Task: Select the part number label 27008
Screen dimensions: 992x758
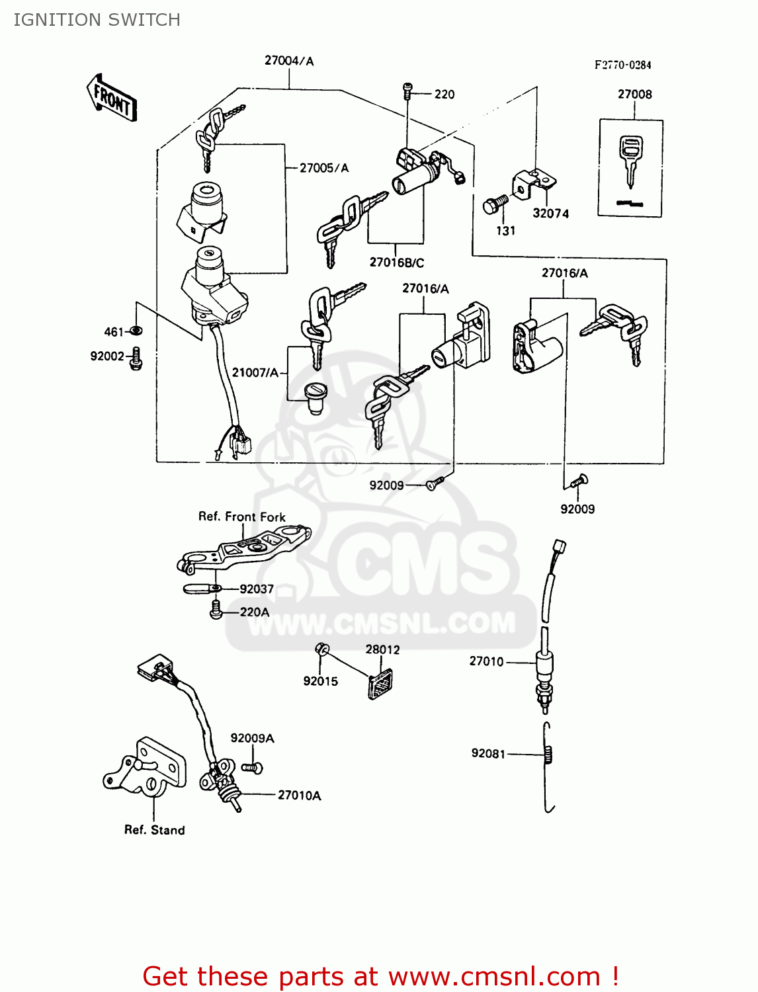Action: coord(634,94)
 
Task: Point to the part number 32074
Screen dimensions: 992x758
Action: coord(550,214)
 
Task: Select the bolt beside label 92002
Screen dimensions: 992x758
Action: coord(136,358)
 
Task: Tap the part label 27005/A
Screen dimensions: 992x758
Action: coord(323,168)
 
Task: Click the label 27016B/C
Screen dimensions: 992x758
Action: coord(396,263)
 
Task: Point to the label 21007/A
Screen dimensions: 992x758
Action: coord(255,372)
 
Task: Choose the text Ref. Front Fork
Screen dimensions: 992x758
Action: coord(242,517)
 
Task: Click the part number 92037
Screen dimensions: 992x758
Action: coord(257,589)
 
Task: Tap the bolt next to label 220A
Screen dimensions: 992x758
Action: coord(215,610)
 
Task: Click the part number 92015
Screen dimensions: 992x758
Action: coord(320,681)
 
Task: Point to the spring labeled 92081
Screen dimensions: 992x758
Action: coord(549,755)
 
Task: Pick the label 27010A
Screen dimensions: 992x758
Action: coord(299,795)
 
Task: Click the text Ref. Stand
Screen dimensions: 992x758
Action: coord(154,830)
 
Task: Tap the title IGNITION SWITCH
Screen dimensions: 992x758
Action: coord(97,20)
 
